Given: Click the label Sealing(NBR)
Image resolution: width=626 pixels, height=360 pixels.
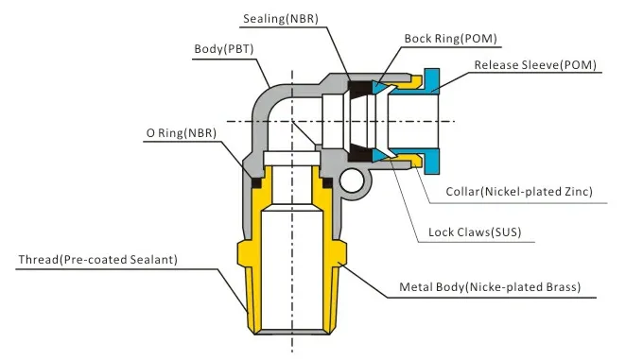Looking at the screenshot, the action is [x=281, y=19].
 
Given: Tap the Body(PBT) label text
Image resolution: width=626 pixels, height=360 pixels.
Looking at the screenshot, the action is [x=224, y=49].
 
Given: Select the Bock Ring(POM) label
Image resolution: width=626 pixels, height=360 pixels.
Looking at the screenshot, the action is [x=451, y=39].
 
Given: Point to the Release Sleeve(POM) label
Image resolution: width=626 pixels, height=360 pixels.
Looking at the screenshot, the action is [x=535, y=65].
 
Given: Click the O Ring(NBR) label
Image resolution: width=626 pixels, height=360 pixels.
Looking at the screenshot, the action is [x=182, y=133].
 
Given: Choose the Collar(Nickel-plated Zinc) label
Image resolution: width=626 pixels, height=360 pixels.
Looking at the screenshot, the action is [x=519, y=192].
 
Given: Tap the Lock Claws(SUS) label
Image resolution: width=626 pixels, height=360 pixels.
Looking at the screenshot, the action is [x=475, y=232].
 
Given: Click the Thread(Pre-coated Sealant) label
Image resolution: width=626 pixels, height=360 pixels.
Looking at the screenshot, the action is [x=97, y=260].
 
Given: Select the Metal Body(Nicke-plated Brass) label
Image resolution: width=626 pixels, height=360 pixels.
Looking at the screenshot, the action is [x=490, y=287].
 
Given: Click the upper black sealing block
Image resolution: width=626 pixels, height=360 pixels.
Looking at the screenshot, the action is [x=359, y=89].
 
